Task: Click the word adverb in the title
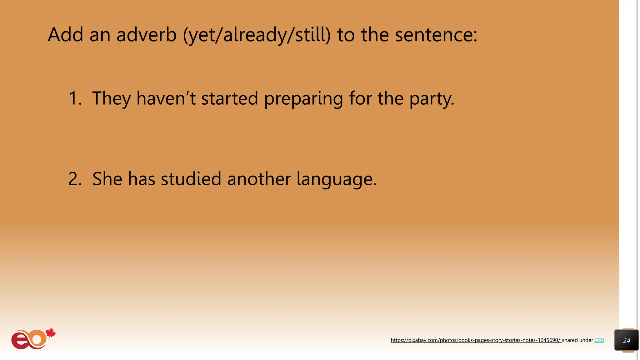click(146, 34)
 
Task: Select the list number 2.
click(75, 179)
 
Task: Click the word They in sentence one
click(111, 98)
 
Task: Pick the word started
click(229, 98)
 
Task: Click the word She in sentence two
click(107, 179)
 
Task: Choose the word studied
click(191, 179)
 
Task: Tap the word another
click(259, 179)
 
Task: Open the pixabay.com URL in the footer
click(476, 340)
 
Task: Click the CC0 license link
click(599, 340)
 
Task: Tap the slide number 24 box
click(626, 340)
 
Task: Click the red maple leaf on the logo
click(51, 333)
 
